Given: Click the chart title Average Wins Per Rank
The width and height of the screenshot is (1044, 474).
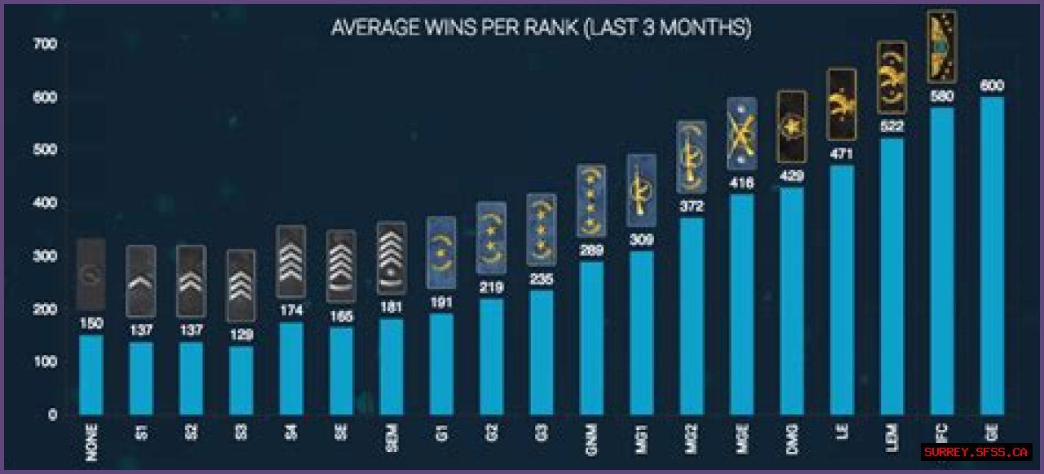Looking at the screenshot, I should tap(541, 28).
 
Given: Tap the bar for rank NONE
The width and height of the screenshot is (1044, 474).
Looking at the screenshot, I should tap(91, 375).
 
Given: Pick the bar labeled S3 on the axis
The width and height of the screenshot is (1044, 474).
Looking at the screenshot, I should tap(241, 380).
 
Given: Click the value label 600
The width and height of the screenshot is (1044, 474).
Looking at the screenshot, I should tap(992, 86).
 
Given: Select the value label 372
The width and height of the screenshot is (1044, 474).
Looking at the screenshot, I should tap(692, 206).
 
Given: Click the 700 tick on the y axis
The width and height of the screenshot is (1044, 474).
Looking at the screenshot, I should tap(46, 44).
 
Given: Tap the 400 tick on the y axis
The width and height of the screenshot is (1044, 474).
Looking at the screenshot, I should tap(46, 203).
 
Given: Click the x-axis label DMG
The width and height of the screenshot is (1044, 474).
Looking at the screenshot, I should tap(793, 442).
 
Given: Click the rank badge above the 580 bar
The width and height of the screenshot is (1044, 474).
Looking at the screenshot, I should tap(942, 47).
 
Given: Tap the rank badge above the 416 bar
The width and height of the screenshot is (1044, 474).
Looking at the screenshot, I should tap(741, 134).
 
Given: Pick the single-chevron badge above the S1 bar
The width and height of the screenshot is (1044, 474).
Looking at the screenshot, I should tap(141, 281).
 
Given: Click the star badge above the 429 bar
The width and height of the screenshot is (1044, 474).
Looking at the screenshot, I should tap(791, 126).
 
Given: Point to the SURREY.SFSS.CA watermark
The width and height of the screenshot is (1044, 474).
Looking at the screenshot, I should tap(976, 451).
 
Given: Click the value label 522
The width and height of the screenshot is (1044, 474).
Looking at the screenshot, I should tap(891, 126).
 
